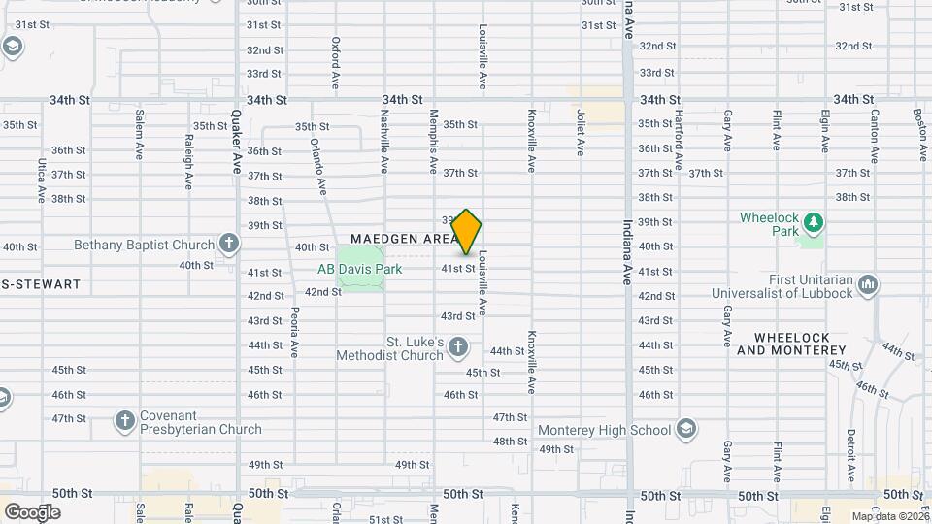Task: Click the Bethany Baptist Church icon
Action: pos(228,245)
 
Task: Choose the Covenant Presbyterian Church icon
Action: pos(124,420)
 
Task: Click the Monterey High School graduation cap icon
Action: pos(686,429)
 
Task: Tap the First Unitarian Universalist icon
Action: pos(868,284)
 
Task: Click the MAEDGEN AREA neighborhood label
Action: pos(403,238)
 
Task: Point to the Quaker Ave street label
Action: pos(235,141)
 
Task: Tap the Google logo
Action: pos(32,511)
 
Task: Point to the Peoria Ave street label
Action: pos(293,331)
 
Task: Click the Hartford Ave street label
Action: pos(680,136)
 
